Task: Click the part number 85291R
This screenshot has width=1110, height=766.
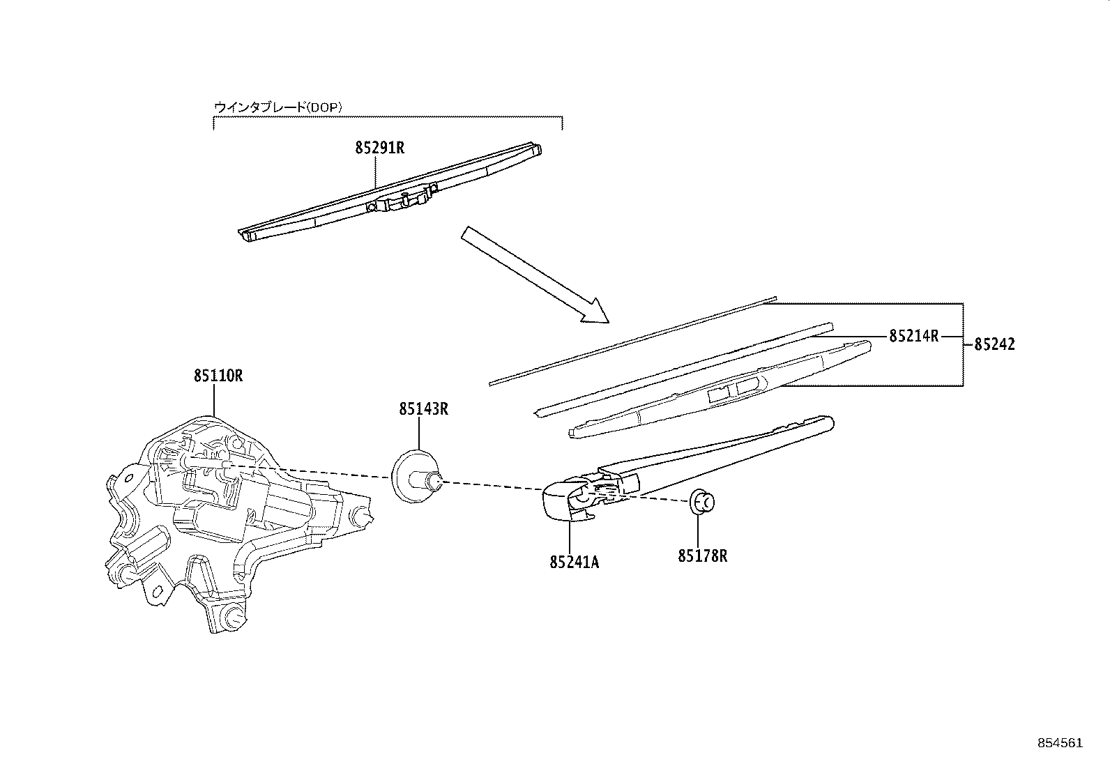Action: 379,148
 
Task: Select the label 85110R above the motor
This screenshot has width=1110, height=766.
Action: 218,376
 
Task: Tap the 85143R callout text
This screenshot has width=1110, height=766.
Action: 424,408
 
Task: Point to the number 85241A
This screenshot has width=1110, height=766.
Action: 575,562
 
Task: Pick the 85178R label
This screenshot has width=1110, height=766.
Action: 703,556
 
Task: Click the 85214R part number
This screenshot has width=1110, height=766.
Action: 914,336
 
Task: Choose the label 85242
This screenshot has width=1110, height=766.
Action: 994,344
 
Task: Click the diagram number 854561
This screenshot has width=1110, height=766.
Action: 1060,743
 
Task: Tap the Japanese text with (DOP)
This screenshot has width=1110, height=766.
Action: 278,107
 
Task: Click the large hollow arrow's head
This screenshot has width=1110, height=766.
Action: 597,312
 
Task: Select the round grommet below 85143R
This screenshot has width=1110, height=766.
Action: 416,477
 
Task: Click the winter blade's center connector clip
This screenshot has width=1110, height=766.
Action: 402,199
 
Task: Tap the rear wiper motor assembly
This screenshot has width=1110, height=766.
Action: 238,523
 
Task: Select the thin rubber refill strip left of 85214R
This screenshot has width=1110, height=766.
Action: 684,370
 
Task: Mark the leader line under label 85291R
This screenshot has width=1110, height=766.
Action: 375,171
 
